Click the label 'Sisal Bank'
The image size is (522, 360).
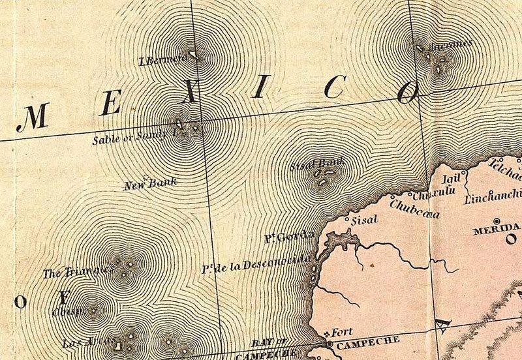point(316,166)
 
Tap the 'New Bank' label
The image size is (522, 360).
point(151,185)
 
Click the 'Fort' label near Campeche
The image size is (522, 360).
point(342,331)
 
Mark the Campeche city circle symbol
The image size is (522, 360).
point(329,343)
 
